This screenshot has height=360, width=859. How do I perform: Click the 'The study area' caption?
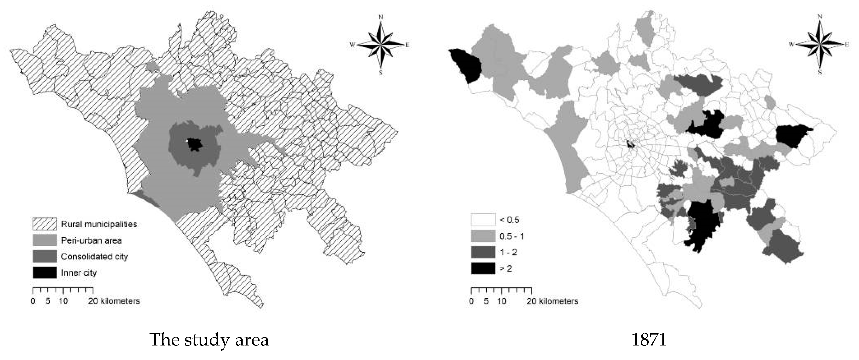click(x=209, y=340)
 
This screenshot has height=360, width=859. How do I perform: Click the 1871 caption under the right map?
click(x=649, y=340)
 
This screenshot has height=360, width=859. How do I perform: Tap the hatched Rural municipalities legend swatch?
click(x=45, y=224)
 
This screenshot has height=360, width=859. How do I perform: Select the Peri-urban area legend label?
click(x=91, y=240)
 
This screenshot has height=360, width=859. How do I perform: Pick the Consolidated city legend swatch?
click(x=45, y=256)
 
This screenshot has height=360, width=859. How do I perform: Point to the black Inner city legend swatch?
click(x=45, y=272)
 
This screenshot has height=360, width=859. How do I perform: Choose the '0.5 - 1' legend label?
click(x=512, y=236)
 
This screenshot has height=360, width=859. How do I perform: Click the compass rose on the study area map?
click(x=381, y=44)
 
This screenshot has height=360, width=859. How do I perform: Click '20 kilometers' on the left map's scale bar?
click(x=114, y=301)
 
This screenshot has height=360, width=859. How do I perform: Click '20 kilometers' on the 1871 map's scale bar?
click(x=552, y=301)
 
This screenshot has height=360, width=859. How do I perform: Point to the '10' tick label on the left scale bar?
click(x=63, y=301)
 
